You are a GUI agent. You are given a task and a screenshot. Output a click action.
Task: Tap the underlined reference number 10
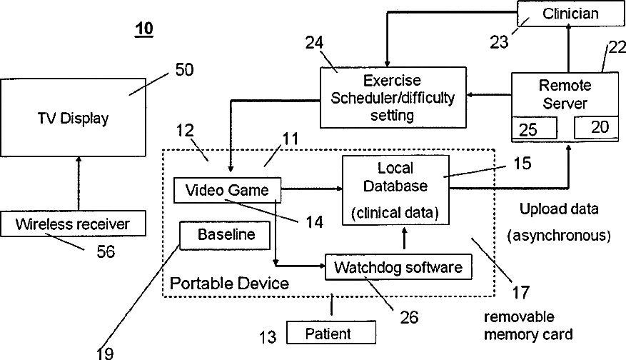[x=144, y=29]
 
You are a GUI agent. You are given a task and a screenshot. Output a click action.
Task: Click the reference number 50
[x=184, y=69]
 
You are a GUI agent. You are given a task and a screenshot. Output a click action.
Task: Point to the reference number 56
[x=106, y=251]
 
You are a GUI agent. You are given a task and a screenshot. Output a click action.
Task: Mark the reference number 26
[x=409, y=317]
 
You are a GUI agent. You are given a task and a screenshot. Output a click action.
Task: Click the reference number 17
[x=521, y=293]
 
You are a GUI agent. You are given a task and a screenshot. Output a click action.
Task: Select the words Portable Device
[x=229, y=284]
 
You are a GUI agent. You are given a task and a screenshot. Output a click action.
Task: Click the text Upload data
[x=559, y=209]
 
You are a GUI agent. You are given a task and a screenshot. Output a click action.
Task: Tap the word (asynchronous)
[x=559, y=236]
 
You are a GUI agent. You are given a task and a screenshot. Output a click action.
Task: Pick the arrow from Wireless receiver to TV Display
[x=79, y=184]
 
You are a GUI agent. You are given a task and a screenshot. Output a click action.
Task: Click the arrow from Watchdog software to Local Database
[x=405, y=239]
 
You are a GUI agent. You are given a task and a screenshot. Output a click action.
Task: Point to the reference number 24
[x=315, y=42]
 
